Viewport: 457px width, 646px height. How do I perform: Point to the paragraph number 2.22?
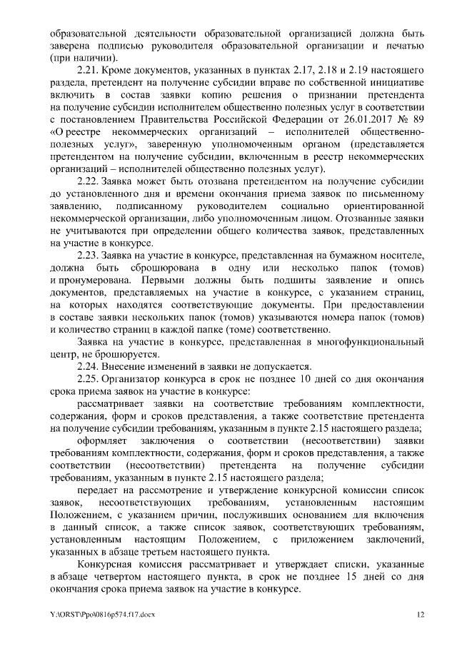[x=89, y=181]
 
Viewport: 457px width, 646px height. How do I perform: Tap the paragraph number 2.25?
[x=89, y=378]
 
